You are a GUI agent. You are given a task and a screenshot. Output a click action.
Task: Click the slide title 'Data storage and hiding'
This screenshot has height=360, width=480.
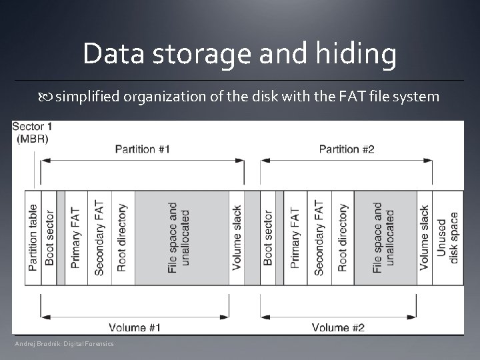[239, 54]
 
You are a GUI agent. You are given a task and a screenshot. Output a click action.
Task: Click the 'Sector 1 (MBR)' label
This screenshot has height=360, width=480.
[31, 132]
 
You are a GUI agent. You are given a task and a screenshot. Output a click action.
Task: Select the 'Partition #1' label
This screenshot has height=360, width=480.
[142, 149]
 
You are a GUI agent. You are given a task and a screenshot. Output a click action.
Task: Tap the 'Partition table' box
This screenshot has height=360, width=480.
[33, 238]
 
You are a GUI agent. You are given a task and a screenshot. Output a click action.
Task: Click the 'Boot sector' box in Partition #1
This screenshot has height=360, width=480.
[49, 238]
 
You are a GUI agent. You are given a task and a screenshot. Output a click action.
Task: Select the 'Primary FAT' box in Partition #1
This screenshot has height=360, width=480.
[76, 238]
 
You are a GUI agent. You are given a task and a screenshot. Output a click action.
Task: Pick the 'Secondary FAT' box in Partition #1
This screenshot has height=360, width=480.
[99, 238]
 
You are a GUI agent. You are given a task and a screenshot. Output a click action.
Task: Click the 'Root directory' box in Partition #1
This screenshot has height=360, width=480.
[121, 238]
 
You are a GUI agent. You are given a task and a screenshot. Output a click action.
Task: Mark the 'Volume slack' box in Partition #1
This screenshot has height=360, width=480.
[237, 238]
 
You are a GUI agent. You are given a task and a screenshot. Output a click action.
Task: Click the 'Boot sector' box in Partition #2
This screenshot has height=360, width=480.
[268, 238]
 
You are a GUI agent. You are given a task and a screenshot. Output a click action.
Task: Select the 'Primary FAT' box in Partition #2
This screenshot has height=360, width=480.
[295, 238]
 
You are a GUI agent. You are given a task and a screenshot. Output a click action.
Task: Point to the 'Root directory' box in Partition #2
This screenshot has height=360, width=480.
[342, 238]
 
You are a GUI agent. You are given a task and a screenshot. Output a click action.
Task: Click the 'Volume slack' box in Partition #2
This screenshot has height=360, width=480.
[425, 238]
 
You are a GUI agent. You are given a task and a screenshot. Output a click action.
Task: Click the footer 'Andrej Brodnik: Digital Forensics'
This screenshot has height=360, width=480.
[65, 343]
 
